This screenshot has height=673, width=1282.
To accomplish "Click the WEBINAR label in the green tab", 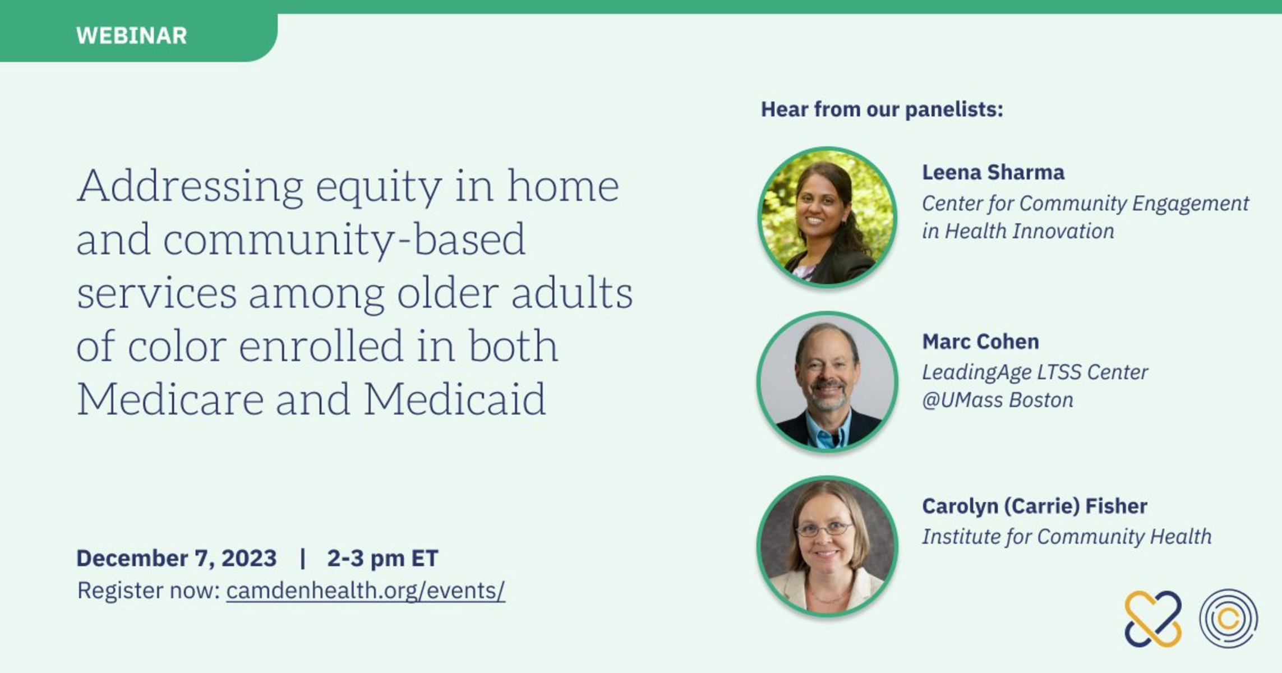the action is click(131, 36).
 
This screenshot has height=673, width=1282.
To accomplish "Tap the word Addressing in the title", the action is click(190, 187).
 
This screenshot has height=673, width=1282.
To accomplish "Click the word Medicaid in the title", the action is click(455, 399).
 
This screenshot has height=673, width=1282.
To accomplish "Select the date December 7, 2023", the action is click(176, 558).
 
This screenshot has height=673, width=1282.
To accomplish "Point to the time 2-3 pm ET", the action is click(382, 558).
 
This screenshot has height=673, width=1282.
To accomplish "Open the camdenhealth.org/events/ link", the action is click(366, 591).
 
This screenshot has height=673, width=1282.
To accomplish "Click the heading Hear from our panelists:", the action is click(882, 109).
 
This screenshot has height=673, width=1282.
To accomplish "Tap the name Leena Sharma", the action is click(993, 172).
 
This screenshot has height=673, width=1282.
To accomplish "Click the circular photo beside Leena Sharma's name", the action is click(827, 217).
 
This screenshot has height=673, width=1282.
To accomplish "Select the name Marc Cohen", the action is click(980, 342).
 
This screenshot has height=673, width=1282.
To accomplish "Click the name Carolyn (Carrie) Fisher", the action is click(1035, 506).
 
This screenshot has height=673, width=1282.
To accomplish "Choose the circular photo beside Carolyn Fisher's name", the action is click(827, 546).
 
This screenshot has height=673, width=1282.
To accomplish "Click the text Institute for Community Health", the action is click(1067, 537).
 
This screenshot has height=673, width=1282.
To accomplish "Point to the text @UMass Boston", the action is click(998, 400).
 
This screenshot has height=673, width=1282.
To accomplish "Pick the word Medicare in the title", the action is click(170, 399).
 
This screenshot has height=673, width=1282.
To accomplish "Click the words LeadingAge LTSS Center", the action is click(1035, 372).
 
